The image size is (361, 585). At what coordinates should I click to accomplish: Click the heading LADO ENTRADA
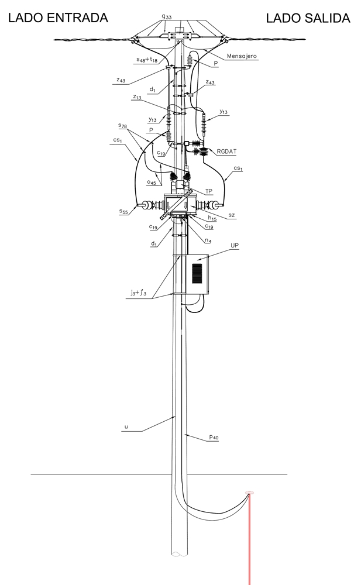[x=58, y=18]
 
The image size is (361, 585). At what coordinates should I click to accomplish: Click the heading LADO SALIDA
[x=308, y=18]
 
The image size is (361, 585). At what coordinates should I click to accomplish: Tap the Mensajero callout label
[x=242, y=56]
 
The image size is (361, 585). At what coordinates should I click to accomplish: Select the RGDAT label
[x=226, y=152]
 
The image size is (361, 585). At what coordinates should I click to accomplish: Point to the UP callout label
[x=235, y=246]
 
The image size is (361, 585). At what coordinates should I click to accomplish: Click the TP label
[x=209, y=191]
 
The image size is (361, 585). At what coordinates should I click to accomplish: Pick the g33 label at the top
[x=167, y=16]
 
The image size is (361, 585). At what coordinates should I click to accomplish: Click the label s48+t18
[x=147, y=60]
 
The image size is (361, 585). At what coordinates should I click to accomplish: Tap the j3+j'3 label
[x=138, y=293]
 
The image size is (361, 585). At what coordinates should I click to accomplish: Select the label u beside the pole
[x=126, y=426]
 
